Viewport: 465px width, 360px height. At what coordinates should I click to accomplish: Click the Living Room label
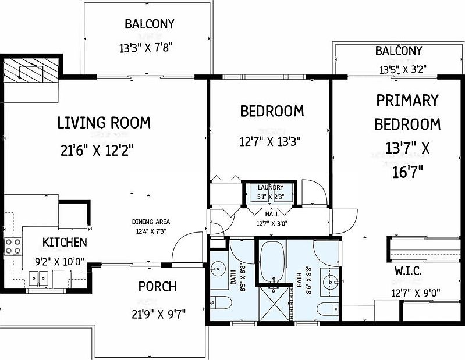[104, 123]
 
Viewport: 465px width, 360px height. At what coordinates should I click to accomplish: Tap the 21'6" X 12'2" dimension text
[97, 150]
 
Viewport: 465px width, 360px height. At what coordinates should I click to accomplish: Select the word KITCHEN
[65, 243]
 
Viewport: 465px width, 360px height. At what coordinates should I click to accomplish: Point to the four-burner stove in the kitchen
[13, 246]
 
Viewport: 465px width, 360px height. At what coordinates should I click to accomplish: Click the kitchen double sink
[38, 279]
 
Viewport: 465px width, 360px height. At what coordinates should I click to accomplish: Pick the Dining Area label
[151, 222]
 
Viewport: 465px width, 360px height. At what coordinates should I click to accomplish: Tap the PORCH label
[158, 287]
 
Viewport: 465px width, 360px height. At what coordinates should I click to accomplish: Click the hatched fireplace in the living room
[30, 70]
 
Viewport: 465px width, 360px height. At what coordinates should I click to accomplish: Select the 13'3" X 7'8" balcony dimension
[145, 48]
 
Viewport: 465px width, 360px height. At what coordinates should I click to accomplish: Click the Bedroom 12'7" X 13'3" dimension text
[270, 142]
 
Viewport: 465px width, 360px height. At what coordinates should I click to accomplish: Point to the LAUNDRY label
[271, 187]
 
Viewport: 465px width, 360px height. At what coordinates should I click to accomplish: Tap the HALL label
[272, 214]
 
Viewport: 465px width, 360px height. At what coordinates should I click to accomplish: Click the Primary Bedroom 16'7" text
[407, 172]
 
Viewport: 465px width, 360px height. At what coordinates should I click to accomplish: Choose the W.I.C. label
[408, 271]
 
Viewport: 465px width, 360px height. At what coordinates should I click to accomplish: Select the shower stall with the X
[274, 302]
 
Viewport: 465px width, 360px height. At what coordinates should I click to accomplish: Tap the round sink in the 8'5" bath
[219, 269]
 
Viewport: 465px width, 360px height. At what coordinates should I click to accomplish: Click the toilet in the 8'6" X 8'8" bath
[328, 309]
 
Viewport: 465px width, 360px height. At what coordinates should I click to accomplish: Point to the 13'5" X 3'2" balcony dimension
[403, 70]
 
